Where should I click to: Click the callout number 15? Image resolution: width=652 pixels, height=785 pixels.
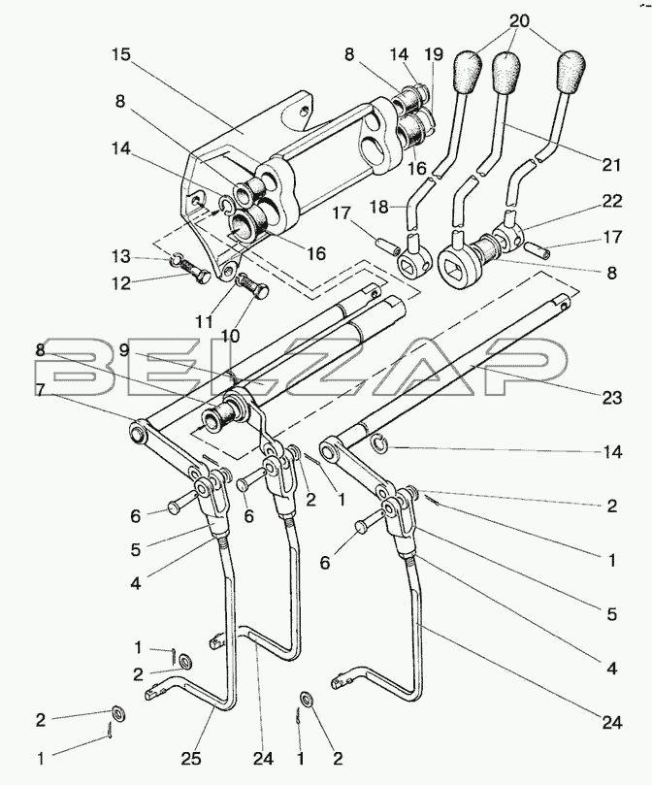[x=120, y=54]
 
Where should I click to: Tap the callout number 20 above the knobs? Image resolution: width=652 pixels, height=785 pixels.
[x=520, y=20]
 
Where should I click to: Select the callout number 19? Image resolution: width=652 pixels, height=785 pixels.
[x=434, y=54]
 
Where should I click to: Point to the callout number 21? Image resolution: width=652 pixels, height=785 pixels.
[x=610, y=164]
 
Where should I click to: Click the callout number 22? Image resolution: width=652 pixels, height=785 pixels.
[x=612, y=201]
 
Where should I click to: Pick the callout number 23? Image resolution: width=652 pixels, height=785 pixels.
[x=611, y=398]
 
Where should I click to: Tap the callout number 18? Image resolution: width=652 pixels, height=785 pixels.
[x=380, y=207]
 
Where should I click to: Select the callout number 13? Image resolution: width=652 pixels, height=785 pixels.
[x=120, y=256]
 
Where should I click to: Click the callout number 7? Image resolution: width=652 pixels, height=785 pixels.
[x=40, y=390]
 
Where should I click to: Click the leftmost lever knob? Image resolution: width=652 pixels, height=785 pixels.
[x=468, y=71]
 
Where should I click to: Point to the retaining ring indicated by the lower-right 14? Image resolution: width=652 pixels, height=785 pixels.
[x=378, y=442]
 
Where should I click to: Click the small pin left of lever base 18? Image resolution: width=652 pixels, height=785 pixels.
[x=387, y=245]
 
